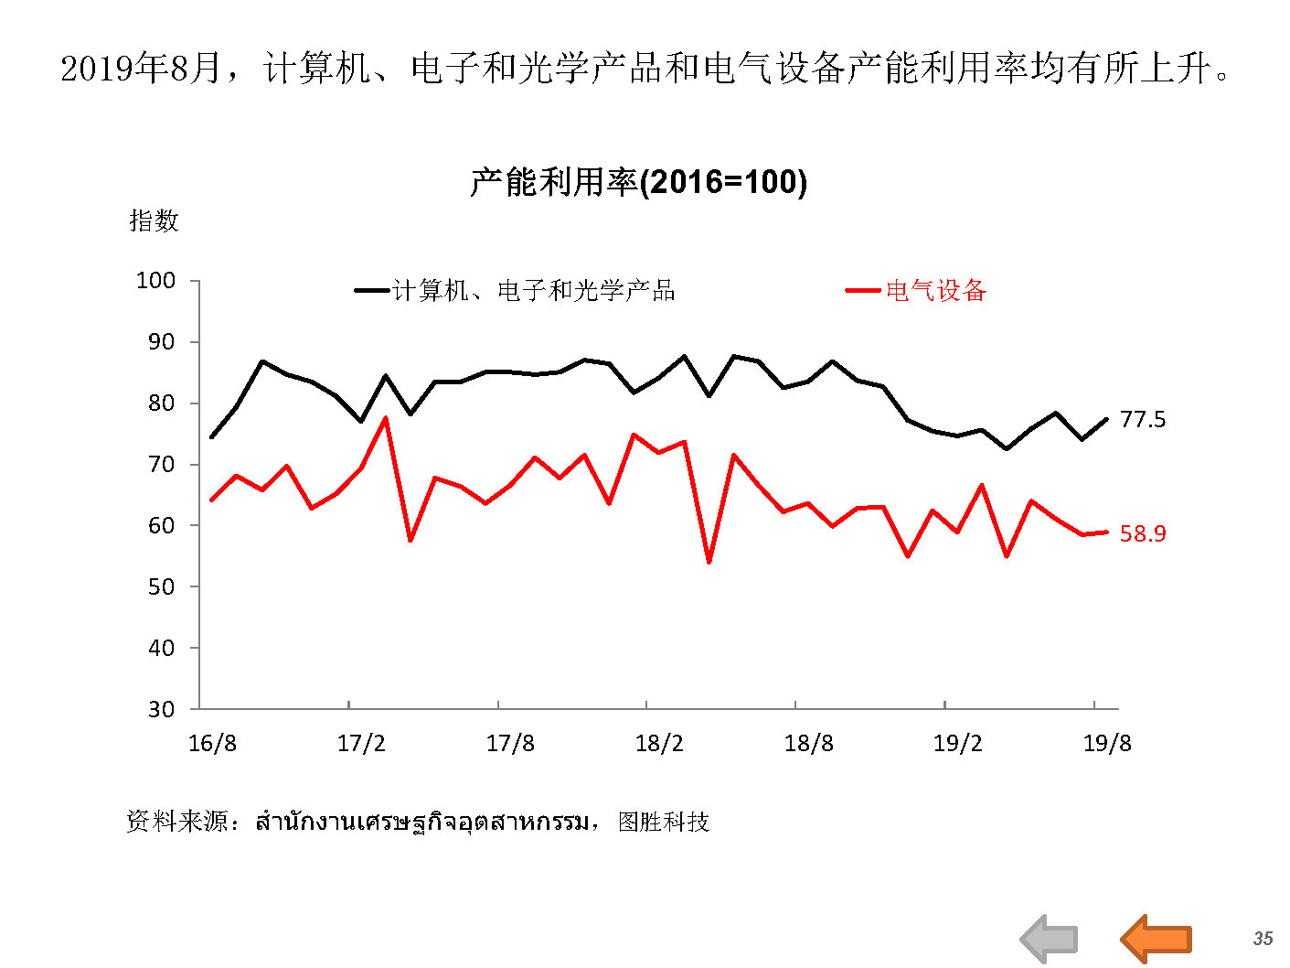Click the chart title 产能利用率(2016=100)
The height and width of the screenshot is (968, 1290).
click(x=638, y=182)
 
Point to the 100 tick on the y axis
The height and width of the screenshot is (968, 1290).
click(x=155, y=281)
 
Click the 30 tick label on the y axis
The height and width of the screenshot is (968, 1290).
click(x=161, y=709)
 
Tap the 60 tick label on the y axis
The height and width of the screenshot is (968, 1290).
click(x=161, y=525)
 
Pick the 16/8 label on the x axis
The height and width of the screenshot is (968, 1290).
click(x=212, y=743)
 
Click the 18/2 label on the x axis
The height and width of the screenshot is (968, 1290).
click(x=659, y=743)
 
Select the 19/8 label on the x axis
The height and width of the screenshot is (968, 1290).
click(x=1107, y=743)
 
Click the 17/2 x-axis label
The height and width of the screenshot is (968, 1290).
click(x=361, y=743)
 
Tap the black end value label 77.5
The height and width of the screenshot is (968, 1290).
click(x=1143, y=419)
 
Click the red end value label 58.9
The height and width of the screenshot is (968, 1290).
click(x=1143, y=533)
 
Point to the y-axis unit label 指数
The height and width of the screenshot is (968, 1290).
click(x=154, y=220)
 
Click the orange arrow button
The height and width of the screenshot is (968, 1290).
click(x=1157, y=939)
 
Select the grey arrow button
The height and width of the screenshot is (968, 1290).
click(x=1050, y=939)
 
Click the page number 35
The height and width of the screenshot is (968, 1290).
click(x=1263, y=939)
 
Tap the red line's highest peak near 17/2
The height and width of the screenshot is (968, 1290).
click(x=386, y=418)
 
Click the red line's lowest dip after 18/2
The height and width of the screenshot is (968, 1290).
click(x=709, y=562)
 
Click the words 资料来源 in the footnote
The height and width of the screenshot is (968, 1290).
click(x=176, y=822)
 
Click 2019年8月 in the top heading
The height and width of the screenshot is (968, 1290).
click(x=141, y=69)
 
